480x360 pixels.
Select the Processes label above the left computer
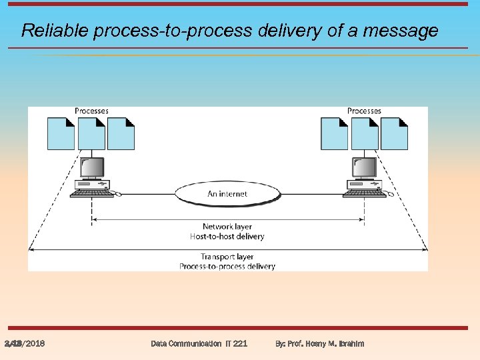coord(91,111)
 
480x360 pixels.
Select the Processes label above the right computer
coord(364,111)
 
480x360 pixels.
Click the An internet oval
coord(227,193)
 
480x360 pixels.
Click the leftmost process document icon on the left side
coord(61,133)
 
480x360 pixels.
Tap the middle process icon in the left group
coord(91,133)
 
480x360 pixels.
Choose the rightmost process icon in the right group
coord(395,133)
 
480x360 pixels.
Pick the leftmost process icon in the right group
coord(334,133)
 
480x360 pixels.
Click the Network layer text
coord(227,227)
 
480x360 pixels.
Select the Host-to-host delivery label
coord(227,236)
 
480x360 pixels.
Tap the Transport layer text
coord(227,257)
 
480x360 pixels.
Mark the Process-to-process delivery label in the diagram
coord(227,266)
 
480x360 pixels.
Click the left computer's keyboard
coord(91,193)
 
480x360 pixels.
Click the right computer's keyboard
coord(365,193)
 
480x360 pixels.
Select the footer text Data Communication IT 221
coord(199,343)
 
